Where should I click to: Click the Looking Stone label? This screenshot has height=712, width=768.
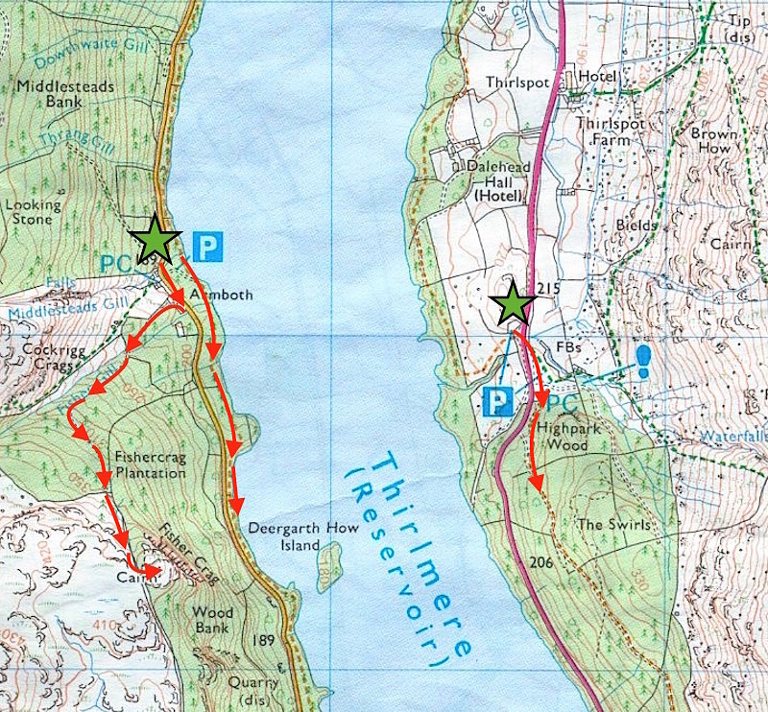[33, 212]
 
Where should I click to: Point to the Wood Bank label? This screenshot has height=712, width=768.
[212, 619]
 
